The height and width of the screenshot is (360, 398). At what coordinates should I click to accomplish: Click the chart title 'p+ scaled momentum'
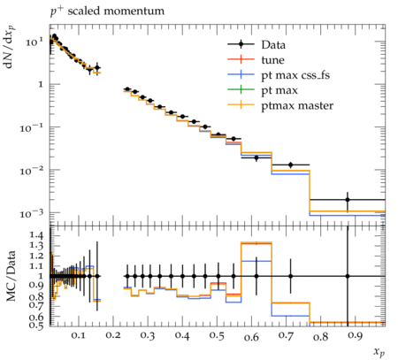107,11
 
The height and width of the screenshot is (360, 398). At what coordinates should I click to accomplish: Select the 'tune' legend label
272,60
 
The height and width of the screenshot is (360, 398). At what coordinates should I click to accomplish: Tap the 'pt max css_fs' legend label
295,75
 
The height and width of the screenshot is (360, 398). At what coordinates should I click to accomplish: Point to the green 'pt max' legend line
241,89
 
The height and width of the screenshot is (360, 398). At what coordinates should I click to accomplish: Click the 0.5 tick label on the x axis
217,336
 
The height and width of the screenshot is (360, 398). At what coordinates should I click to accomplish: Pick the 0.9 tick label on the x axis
355,336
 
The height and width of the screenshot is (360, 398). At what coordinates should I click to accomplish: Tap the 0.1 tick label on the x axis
79,336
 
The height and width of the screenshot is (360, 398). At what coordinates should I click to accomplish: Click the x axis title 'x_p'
379,352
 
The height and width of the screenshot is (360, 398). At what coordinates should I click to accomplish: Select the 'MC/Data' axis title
11,276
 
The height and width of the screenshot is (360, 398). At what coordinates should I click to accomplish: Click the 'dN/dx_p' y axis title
10,47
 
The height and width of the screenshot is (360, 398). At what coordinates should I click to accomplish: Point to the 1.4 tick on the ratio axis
36,235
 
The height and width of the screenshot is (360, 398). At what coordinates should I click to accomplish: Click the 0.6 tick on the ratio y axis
36,317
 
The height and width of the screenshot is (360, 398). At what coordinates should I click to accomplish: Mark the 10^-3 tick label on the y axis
32,213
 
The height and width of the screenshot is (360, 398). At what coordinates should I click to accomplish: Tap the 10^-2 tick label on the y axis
32,170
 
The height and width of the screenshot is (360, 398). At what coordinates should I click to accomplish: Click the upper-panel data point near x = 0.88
348,200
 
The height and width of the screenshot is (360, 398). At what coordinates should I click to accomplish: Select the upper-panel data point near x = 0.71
291,165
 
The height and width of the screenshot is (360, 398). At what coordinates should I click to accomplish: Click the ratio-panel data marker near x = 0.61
256,276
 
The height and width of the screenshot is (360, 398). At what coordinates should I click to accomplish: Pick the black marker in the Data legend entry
241,44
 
